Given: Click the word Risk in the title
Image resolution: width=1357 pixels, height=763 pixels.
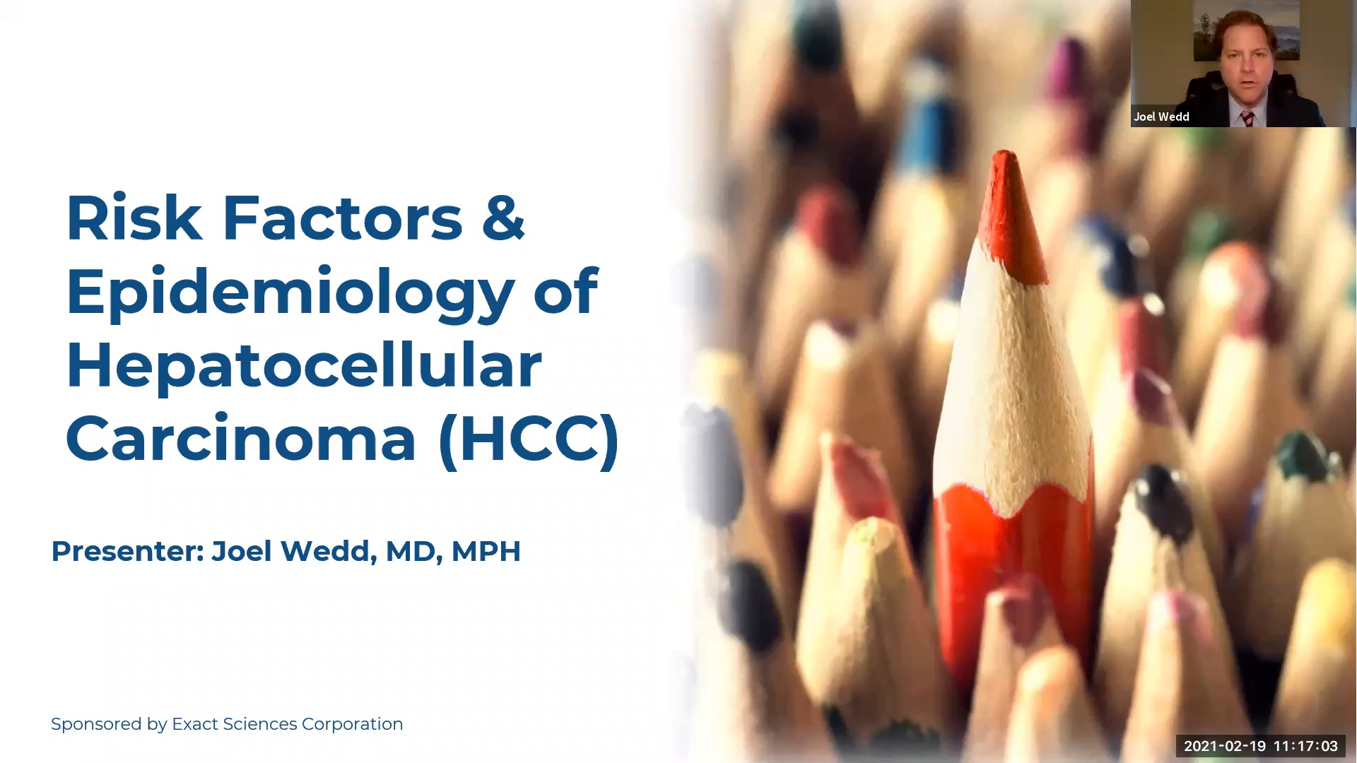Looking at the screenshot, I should click(134, 218).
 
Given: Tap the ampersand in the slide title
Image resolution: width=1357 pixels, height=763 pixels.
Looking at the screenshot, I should click(503, 218).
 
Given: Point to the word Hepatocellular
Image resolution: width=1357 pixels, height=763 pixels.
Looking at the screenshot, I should click(304, 365).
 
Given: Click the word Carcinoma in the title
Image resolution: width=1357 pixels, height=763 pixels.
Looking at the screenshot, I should click(241, 439).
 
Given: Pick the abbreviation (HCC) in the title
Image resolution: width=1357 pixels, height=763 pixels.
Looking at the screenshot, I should click(529, 439).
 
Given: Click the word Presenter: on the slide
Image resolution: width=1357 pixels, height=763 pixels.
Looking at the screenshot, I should click(127, 551).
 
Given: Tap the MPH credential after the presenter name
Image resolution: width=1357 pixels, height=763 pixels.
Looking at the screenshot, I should click(486, 551).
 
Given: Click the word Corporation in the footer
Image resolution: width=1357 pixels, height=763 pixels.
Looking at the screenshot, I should click(352, 724).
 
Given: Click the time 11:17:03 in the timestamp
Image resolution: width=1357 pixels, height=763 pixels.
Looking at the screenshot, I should click(1305, 746).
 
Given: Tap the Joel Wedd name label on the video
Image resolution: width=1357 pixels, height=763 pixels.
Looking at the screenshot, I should click(1161, 117).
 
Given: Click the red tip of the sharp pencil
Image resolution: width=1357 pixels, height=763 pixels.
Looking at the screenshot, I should click(1011, 212).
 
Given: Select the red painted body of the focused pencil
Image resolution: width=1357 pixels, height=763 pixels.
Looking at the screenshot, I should click(1011, 565).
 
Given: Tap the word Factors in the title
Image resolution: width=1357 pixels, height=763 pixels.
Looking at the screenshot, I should click(343, 218).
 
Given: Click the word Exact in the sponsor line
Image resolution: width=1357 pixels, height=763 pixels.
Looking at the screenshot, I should click(195, 724).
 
